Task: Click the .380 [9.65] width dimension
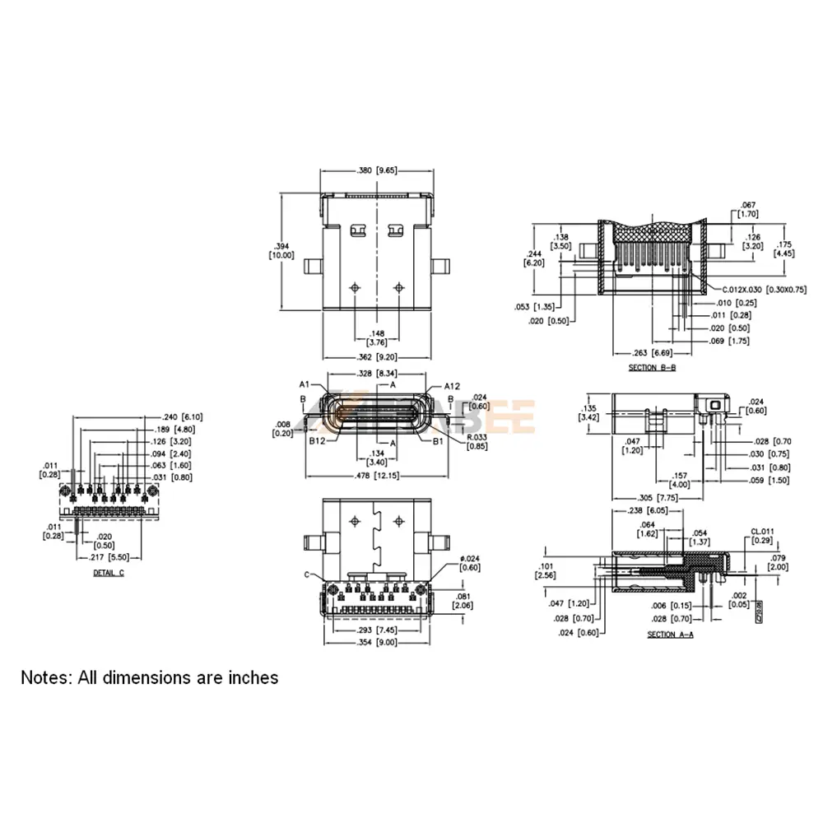point(377,171)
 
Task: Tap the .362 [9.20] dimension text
point(377,358)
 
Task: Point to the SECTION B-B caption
point(652,367)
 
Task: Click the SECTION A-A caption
point(671,635)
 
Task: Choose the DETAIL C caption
point(109,572)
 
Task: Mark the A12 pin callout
point(451,385)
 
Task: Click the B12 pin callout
point(319,440)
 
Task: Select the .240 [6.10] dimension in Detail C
point(183,416)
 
